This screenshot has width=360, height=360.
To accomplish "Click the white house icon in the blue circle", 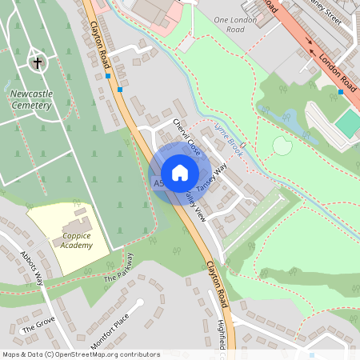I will coord(180,173).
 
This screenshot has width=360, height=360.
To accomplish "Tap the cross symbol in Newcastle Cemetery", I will coord(37,62).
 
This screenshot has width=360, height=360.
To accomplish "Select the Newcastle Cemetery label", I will coord(31,99).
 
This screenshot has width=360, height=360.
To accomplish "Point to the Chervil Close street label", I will coord(189,137).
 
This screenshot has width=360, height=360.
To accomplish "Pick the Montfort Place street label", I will coord(110,331).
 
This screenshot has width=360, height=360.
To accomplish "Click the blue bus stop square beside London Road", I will coord(342,92).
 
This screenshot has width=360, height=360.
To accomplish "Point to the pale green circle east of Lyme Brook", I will coord(282,146).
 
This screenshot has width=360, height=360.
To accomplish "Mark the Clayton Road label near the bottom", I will coord(218,280).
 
